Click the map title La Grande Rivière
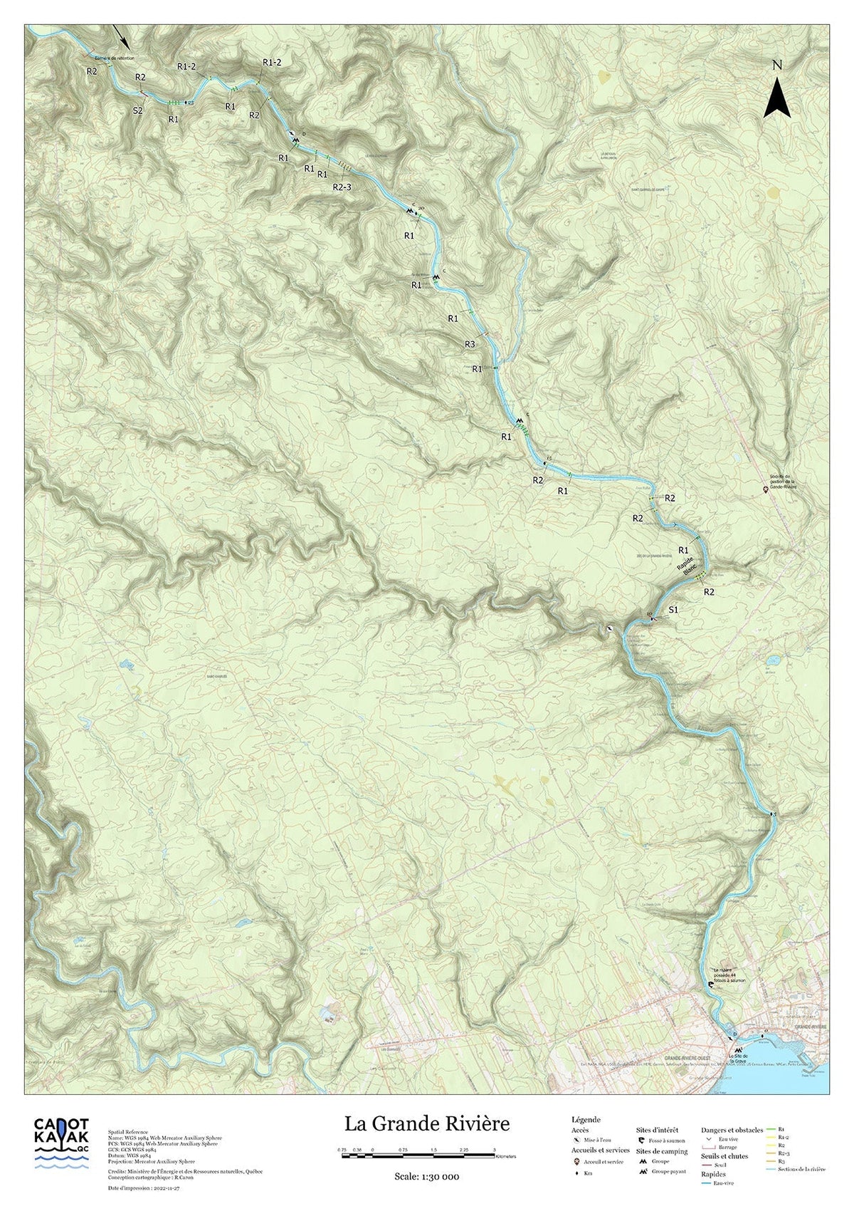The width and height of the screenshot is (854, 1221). [427, 1124]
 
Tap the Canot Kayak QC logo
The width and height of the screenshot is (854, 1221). [63, 1143]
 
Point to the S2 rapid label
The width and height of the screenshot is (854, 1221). [138, 110]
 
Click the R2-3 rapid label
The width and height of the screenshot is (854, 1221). [342, 187]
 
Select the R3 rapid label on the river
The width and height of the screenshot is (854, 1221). [470, 344]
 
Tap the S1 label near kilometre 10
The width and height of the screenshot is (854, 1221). [674, 610]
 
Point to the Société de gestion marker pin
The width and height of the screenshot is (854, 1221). [766, 489]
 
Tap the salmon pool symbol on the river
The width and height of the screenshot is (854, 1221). [710, 984]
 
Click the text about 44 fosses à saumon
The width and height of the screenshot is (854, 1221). [728, 974]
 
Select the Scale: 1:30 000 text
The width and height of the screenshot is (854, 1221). [426, 1176]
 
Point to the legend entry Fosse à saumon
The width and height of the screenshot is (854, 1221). [666, 1141]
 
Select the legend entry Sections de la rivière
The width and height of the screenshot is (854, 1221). [802, 1170]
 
